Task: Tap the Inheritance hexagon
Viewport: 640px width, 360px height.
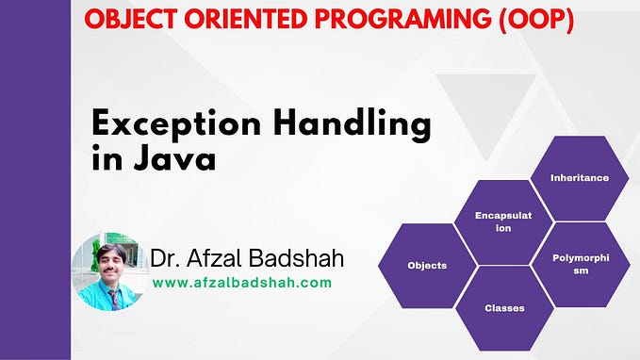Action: point(579,177)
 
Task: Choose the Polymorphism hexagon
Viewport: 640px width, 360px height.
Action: point(579,264)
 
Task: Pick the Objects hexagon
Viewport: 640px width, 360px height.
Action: point(426,265)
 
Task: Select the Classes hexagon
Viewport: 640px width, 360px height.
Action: point(503,307)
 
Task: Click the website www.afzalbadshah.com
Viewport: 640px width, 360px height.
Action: point(241,282)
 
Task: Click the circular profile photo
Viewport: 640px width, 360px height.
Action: point(110,271)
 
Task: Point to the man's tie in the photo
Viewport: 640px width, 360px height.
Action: point(115,298)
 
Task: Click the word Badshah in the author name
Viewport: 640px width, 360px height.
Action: point(302,257)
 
